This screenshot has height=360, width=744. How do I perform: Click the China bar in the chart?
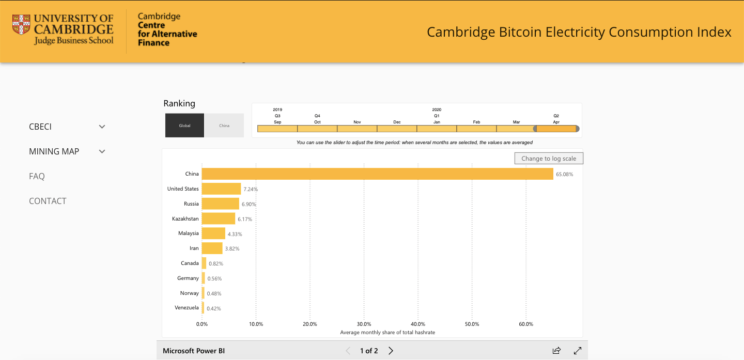(x=377, y=174)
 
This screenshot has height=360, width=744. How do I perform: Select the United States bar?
(x=221, y=189)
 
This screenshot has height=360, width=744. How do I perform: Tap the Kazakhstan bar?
(x=218, y=219)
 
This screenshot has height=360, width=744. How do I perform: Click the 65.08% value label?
(x=564, y=175)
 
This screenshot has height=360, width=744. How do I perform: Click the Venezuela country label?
(x=187, y=308)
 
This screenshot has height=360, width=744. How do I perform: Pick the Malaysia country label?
(x=188, y=233)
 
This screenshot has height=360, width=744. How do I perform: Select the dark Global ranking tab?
(x=184, y=126)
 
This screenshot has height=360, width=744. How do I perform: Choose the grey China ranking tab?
(x=224, y=126)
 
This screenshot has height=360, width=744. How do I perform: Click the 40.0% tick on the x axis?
(x=418, y=324)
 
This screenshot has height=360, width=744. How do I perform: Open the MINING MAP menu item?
(x=54, y=151)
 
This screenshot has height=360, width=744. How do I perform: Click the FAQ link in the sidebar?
(x=37, y=176)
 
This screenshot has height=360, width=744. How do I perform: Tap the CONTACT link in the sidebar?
(x=48, y=201)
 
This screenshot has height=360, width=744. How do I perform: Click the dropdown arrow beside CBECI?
(x=102, y=127)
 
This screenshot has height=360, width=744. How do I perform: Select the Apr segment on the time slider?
(x=556, y=129)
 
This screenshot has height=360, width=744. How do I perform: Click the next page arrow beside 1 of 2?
(x=391, y=351)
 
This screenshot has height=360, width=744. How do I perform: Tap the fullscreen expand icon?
(x=578, y=351)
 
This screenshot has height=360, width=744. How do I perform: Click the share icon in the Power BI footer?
(x=556, y=351)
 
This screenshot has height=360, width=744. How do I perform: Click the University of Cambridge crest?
(x=21, y=25)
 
